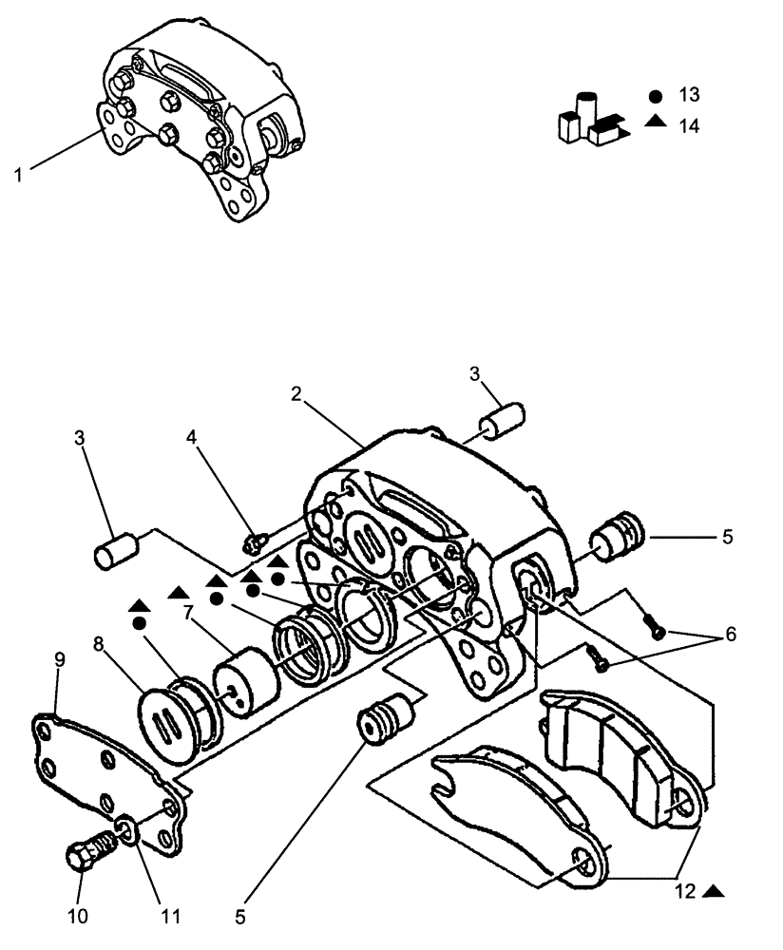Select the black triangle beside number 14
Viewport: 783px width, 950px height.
[x=656, y=123]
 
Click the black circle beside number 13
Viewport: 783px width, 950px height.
[x=656, y=96]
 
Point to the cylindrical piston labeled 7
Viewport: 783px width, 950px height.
[x=241, y=678]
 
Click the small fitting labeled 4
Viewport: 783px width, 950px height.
[x=254, y=542]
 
